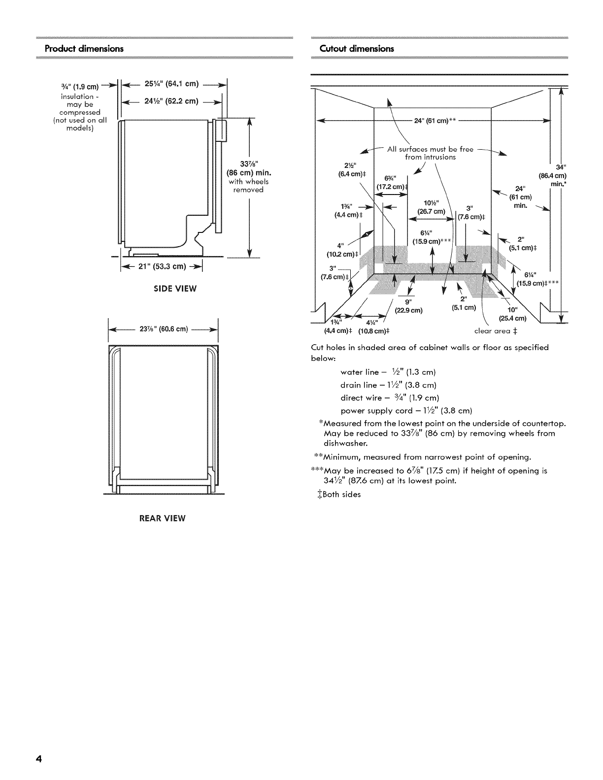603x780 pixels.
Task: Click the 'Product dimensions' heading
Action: pyautogui.click(x=84, y=48)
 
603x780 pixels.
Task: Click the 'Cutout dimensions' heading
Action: pyautogui.click(x=357, y=48)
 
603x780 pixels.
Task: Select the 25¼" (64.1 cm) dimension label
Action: pyautogui.click(x=171, y=84)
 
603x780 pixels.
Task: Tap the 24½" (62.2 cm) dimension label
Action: pyautogui.click(x=171, y=101)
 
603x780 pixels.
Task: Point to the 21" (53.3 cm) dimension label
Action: pyautogui.click(x=163, y=266)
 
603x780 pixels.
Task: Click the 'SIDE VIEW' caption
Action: pyautogui.click(x=175, y=289)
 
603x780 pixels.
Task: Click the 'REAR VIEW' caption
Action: pyautogui.click(x=163, y=518)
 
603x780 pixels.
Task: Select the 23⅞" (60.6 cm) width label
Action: pyautogui.click(x=164, y=329)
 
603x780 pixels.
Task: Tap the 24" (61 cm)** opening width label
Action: pyautogui.click(x=435, y=121)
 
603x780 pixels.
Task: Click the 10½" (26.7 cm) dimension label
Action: pyautogui.click(x=431, y=207)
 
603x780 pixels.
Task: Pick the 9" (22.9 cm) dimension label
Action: pyautogui.click(x=409, y=306)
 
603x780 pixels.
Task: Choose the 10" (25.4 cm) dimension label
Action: pyautogui.click(x=512, y=314)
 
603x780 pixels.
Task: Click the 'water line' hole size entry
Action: pyautogui.click(x=388, y=372)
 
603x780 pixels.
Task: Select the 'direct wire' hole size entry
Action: pyautogui.click(x=390, y=398)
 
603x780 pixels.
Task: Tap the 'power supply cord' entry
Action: pyautogui.click(x=406, y=411)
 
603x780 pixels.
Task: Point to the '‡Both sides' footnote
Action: pyautogui.click(x=339, y=494)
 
